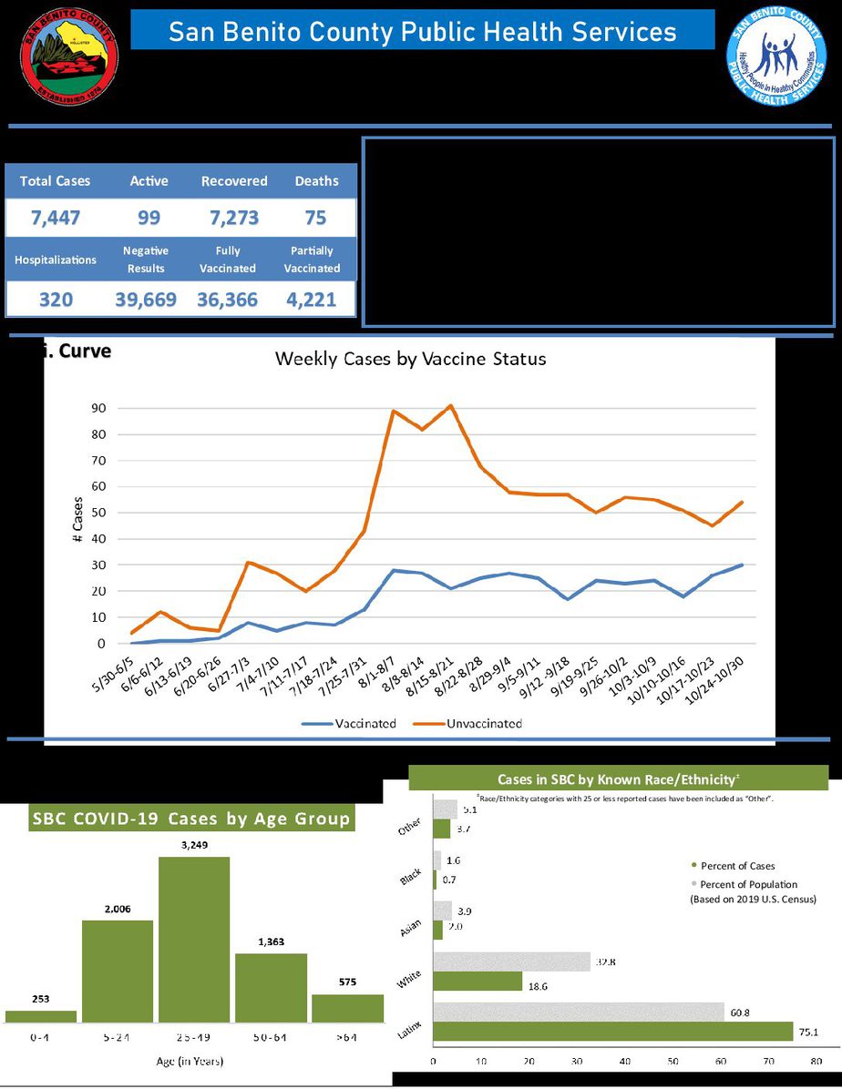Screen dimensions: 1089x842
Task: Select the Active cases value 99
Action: point(149,219)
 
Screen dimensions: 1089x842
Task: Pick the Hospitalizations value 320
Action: point(55,300)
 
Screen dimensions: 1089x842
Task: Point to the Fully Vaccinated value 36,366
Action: point(227,300)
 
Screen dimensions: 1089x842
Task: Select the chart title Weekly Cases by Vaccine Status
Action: point(410,359)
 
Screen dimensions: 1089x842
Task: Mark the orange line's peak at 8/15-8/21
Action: point(450,405)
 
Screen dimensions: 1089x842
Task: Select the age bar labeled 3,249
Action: point(194,938)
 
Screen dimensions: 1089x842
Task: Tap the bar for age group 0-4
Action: point(41,1015)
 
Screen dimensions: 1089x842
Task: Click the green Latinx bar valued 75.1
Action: point(613,1031)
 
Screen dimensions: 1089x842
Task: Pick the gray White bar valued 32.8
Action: point(511,962)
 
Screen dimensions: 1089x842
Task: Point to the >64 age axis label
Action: point(346,1038)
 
